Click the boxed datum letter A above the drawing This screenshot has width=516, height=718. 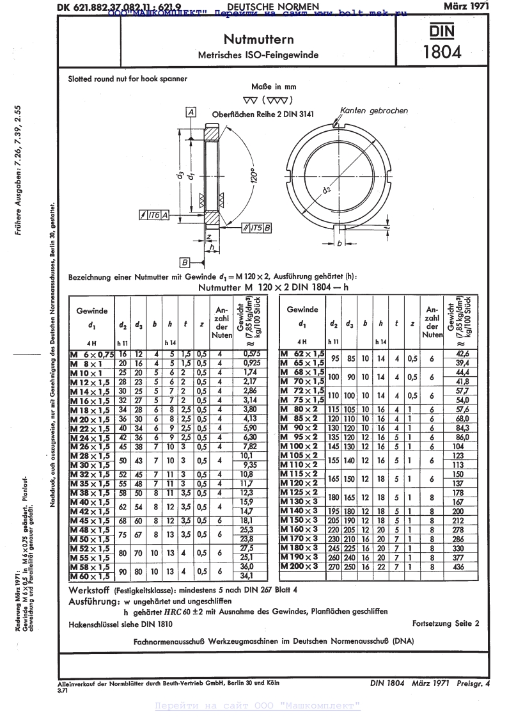point(191,112)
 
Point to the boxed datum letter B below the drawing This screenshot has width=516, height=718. point(184,262)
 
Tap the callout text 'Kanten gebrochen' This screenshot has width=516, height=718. point(374,111)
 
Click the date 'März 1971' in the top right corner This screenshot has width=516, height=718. point(466,6)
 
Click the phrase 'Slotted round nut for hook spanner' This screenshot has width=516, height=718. point(128,79)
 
